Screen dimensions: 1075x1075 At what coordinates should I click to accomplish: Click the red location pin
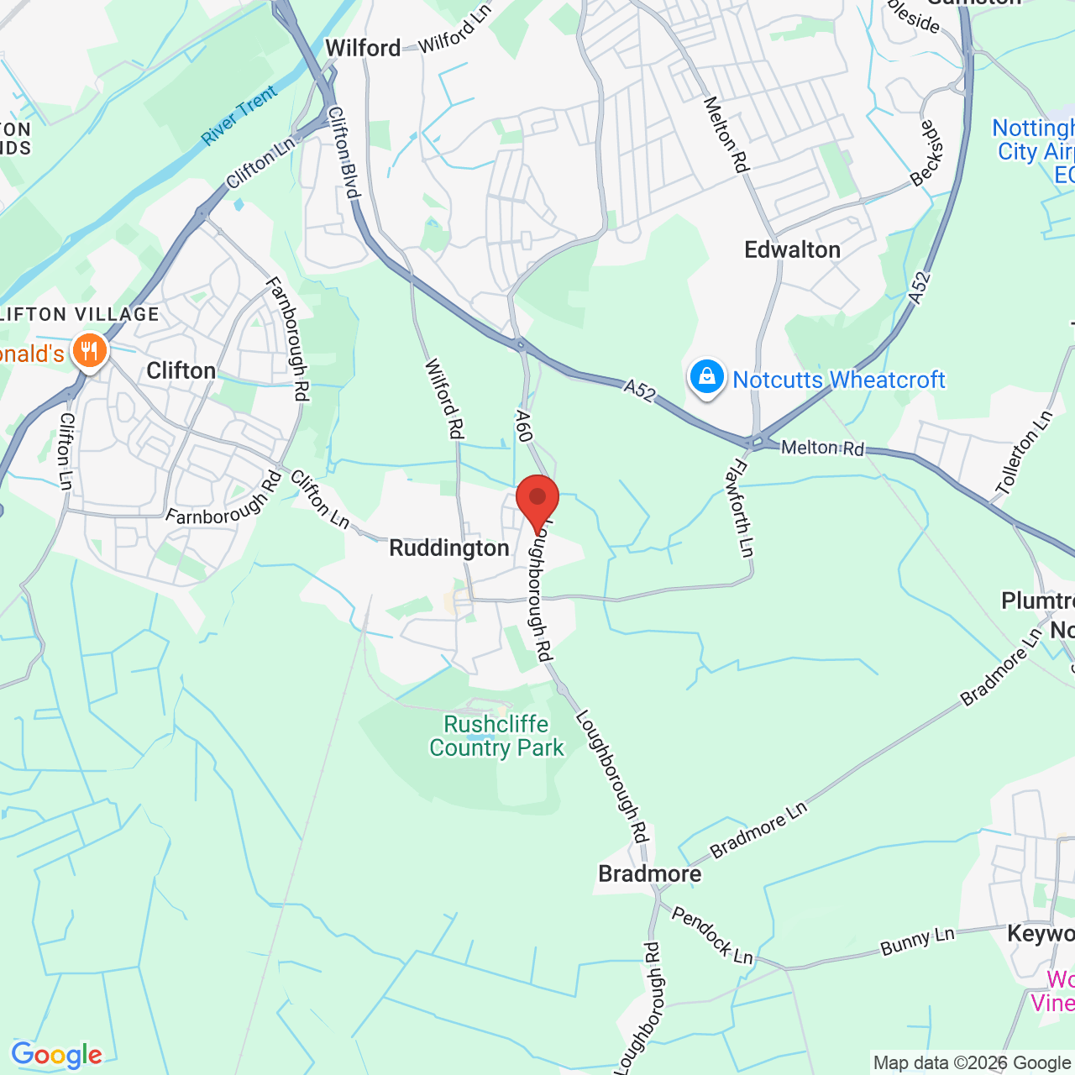[537, 501]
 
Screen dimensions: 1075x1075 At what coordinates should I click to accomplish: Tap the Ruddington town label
[449, 548]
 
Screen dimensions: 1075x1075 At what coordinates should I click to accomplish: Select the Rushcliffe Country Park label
[496, 736]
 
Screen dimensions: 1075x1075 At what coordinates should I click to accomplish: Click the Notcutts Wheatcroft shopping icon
[707, 378]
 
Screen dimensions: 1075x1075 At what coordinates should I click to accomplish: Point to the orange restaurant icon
[89, 351]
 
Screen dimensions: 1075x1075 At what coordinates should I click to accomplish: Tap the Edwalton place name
[792, 250]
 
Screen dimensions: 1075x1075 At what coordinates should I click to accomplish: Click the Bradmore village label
[649, 874]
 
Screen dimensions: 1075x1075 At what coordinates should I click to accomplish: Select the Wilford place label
[363, 49]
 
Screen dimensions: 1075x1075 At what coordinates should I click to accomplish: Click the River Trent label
[239, 115]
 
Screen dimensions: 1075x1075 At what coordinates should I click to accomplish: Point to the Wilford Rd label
[444, 398]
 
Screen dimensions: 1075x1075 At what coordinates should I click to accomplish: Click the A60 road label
[524, 426]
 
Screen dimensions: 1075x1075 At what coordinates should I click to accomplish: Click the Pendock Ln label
[712, 934]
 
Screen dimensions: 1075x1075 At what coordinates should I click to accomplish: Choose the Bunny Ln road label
[917, 941]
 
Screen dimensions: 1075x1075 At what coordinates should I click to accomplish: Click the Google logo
[56, 1055]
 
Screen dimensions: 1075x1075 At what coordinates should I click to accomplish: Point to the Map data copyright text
[972, 1063]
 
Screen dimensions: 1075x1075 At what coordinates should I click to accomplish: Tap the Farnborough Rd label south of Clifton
[224, 498]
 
